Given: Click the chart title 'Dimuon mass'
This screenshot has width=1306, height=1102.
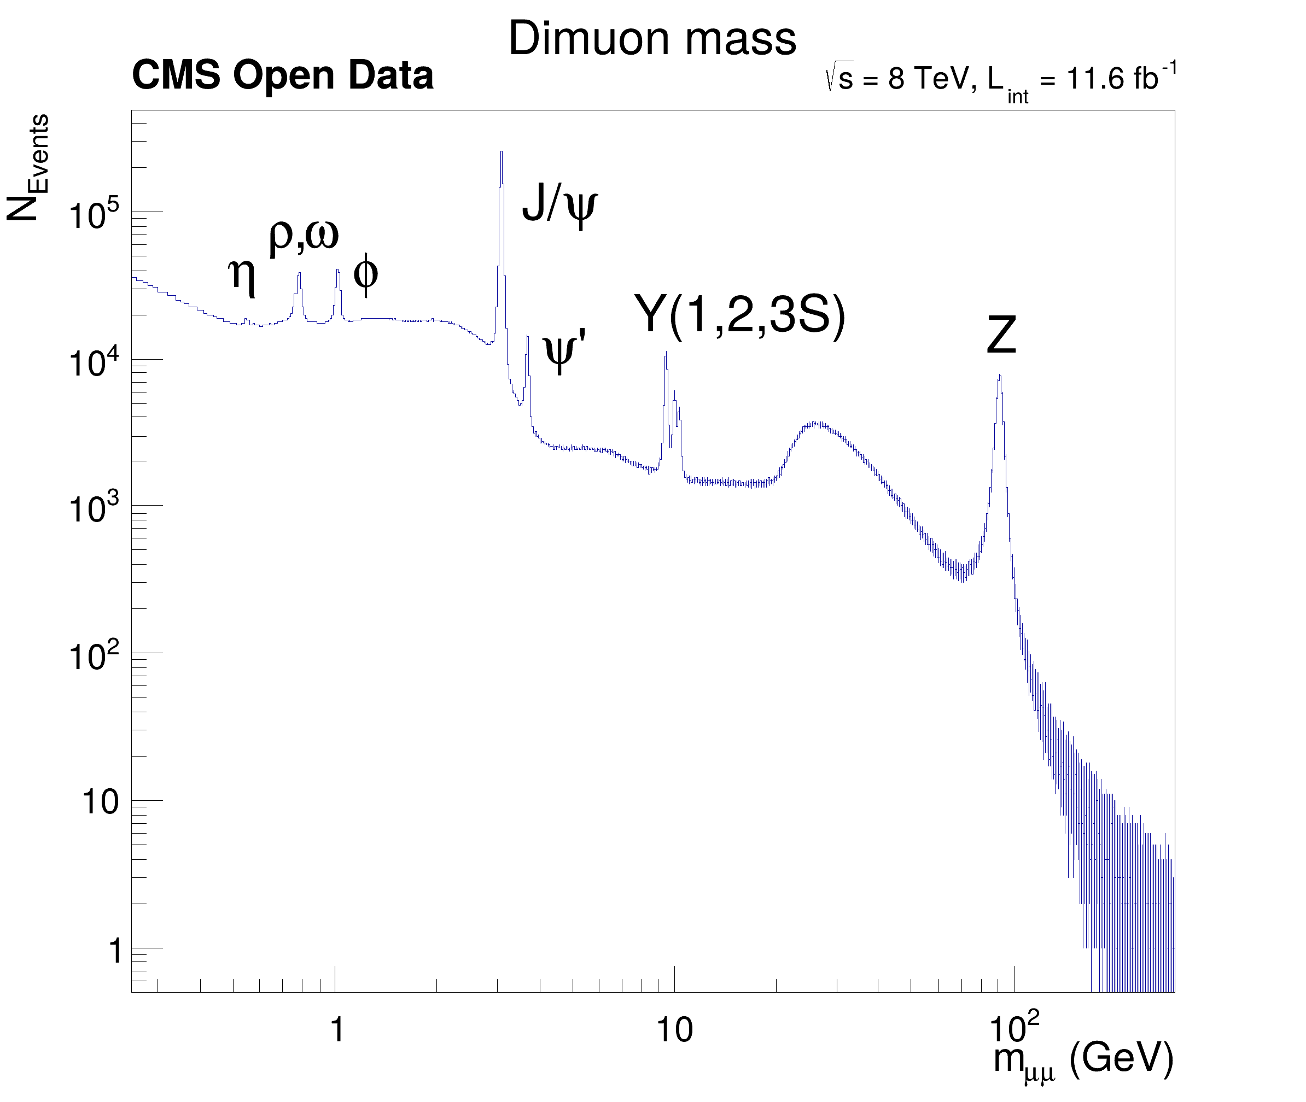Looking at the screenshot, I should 652,39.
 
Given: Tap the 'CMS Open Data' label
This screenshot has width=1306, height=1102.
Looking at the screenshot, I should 282,76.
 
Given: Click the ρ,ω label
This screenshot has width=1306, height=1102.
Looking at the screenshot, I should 304,236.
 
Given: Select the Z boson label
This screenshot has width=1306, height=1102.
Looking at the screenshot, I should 1001,336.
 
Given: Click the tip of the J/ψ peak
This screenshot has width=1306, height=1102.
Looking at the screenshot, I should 501,152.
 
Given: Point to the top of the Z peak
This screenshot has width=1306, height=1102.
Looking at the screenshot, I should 1000,376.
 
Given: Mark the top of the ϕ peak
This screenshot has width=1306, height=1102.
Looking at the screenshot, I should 337,270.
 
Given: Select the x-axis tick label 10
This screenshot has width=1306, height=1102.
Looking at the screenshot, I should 674,1029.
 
